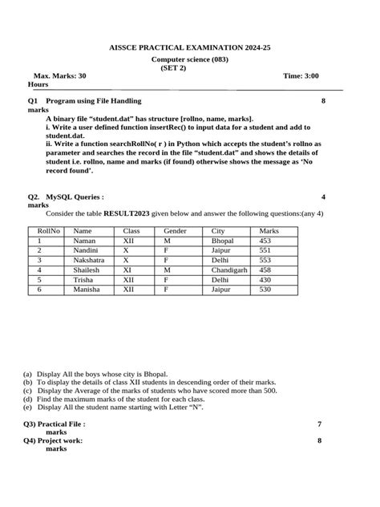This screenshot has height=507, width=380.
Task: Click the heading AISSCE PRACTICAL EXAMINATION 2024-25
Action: coord(190,48)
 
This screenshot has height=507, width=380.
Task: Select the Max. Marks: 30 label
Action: coord(60,75)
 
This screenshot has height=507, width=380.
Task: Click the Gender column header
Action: coord(176,230)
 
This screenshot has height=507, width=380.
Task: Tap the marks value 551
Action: coord(265,250)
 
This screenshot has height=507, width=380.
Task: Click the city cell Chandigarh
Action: coord(228,270)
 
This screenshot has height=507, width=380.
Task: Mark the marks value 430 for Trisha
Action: coord(265,280)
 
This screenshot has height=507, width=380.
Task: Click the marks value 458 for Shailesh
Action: coord(265,270)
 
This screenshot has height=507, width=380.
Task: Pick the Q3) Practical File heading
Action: coord(55,424)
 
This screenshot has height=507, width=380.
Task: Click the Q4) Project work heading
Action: coord(53,440)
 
